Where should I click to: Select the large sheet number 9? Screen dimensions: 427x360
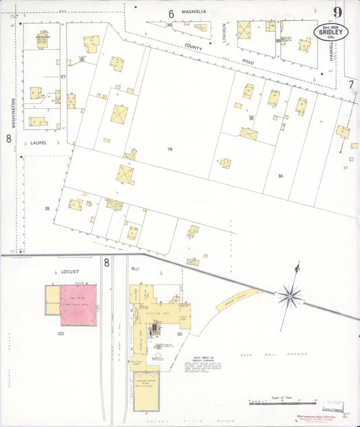coord(336,11)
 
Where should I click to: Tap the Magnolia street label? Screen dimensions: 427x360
coord(194,11)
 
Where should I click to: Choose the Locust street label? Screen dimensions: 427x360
coord(70,272)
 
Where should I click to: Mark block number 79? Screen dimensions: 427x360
coord(170,149)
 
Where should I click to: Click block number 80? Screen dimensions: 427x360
coord(280,176)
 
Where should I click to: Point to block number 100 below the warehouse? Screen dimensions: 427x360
coord(60,334)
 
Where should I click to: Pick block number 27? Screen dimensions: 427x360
coord(63,77)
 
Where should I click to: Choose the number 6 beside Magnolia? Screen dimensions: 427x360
coord(171,14)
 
